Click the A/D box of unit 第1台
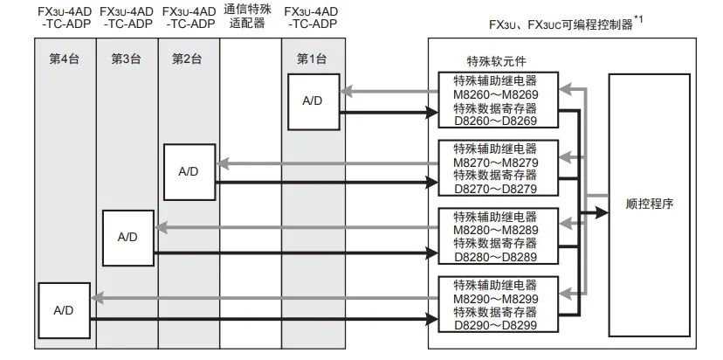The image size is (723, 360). (313, 101)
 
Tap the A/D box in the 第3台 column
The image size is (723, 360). (127, 237)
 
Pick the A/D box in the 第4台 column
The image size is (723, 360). (63, 309)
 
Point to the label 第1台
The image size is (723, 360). (313, 59)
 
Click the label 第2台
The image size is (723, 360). (189, 59)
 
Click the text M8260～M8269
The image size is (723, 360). (494, 94)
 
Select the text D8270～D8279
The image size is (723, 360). (494, 189)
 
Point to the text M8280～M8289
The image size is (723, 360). (494, 230)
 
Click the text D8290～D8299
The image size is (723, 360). (494, 324)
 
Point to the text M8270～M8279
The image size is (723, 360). (494, 162)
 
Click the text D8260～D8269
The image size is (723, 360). (494, 121)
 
